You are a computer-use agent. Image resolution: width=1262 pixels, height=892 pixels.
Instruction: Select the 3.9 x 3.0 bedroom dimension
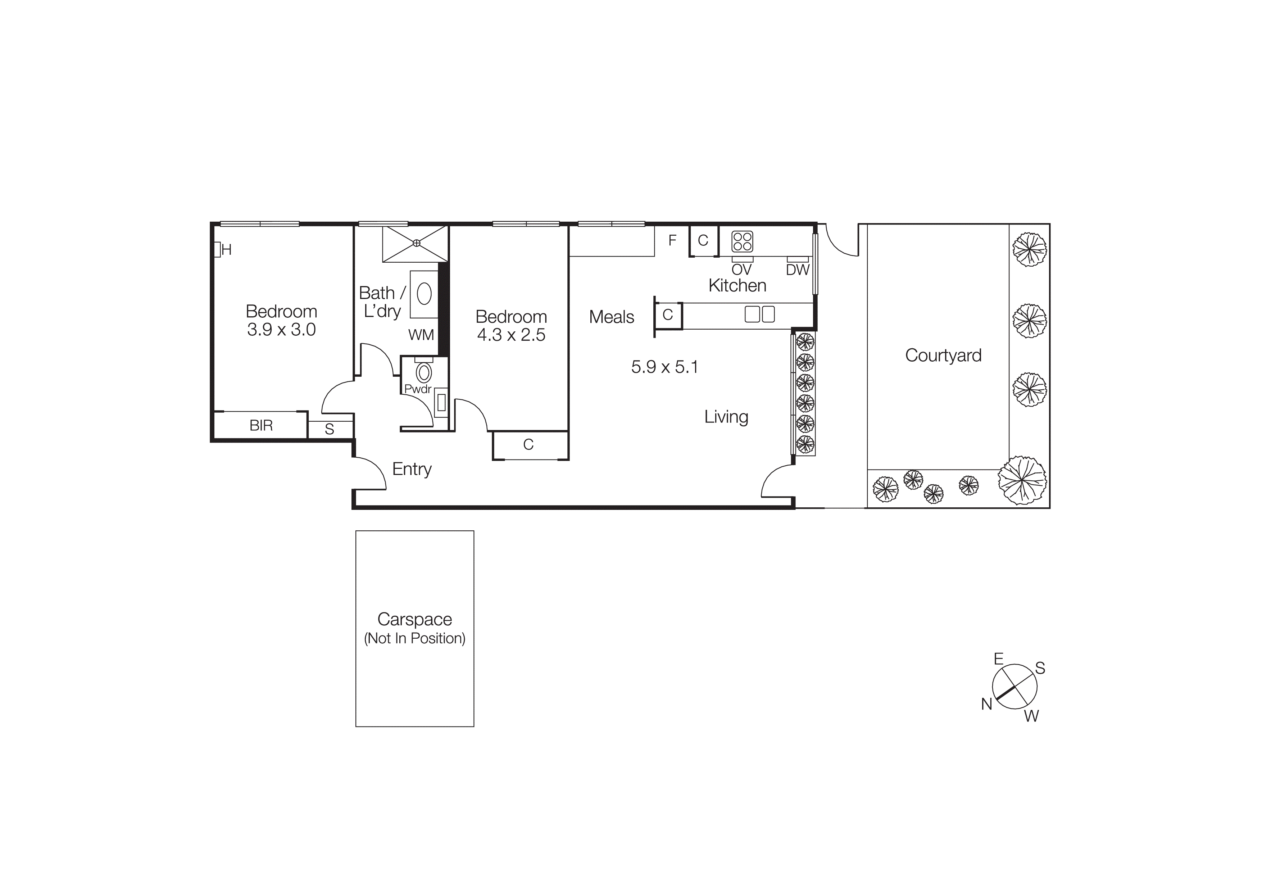[x=281, y=330]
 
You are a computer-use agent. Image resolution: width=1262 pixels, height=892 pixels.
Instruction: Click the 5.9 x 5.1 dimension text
[x=664, y=367]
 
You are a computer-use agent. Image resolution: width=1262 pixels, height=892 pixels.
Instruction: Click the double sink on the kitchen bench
[x=760, y=314]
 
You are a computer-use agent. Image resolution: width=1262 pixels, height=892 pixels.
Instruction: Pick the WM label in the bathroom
[x=421, y=335]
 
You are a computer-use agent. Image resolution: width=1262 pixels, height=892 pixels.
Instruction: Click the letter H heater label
[x=226, y=250]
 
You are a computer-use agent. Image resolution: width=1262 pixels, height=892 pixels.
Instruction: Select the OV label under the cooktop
[x=741, y=270]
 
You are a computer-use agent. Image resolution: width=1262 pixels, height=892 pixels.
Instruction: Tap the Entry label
[x=412, y=469]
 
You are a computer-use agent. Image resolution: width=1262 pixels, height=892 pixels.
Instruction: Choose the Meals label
[x=611, y=317]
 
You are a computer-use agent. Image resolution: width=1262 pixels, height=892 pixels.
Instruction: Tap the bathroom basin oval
[x=424, y=294]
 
